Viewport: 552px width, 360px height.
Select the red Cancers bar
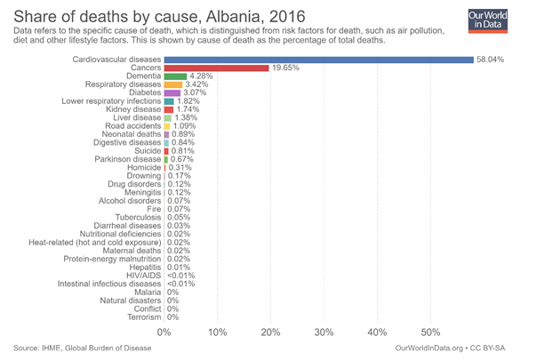pyautogui.click(x=216, y=68)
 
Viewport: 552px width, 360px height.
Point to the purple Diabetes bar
pyautogui.click(x=172, y=92)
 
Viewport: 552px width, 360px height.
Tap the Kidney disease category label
pyautogui.click(x=132, y=109)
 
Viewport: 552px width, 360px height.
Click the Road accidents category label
pyautogui.click(x=132, y=126)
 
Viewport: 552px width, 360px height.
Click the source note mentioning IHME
pyautogui.click(x=83, y=348)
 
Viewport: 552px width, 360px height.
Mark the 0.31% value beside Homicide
pyautogui.click(x=180, y=167)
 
